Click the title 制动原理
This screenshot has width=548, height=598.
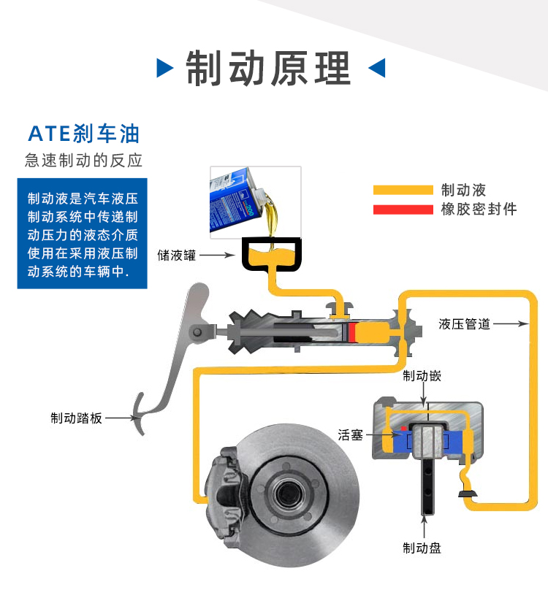[268, 68]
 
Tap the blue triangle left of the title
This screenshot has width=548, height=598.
[165, 69]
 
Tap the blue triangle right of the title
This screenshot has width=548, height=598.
[376, 69]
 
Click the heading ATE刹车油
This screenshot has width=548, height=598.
[83, 134]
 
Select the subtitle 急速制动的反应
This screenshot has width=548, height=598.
[83, 161]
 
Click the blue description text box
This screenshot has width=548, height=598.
[83, 233]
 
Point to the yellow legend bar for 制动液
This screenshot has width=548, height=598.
[403, 191]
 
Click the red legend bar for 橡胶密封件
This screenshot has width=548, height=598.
[403, 210]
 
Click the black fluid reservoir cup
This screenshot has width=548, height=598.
[271, 255]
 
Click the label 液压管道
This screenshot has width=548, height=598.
[465, 323]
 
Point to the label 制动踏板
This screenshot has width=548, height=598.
[76, 418]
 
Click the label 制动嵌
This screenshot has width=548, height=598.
[422, 376]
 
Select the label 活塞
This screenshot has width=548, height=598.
[351, 435]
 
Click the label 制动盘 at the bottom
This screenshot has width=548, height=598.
[422, 547]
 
